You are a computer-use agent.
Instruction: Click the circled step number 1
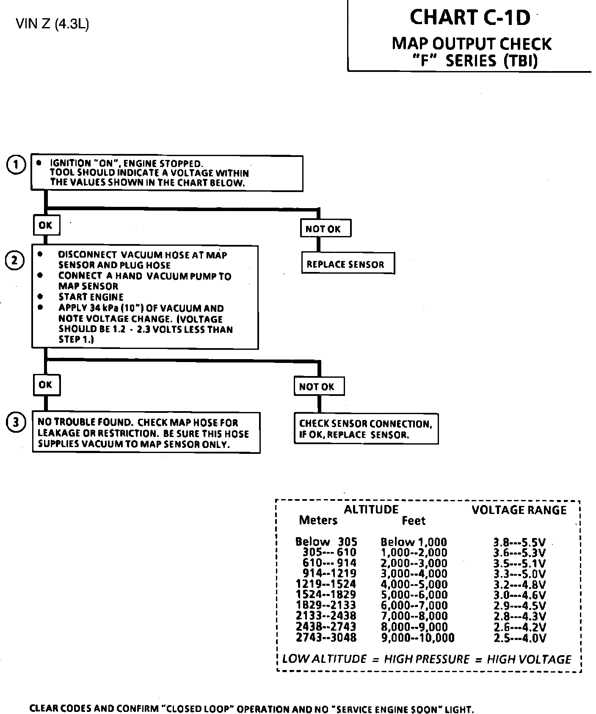point(16,165)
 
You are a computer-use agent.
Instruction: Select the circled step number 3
point(16,423)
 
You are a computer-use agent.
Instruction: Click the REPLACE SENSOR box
point(348,264)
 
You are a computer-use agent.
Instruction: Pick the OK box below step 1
point(46,225)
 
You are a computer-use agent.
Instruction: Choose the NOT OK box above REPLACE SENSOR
point(325,229)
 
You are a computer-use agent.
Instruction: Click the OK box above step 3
point(46,384)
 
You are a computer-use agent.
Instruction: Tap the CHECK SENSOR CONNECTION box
point(366,429)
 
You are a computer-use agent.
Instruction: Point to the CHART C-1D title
point(470,18)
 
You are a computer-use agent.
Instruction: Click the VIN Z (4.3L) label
point(52,25)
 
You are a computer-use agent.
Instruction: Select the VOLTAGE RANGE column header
point(519,510)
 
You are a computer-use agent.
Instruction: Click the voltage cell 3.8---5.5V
point(519,542)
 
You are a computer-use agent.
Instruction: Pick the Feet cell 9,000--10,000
point(417,638)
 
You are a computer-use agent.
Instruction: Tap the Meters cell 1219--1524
point(326,585)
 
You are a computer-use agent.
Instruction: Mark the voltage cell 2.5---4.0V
point(519,638)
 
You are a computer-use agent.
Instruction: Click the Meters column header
point(318,520)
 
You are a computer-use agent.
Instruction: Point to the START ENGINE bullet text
point(91,297)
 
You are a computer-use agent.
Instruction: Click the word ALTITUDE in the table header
point(371,509)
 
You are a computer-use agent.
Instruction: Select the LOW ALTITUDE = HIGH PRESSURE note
point(426,659)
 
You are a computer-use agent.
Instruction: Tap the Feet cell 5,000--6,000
point(414,595)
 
